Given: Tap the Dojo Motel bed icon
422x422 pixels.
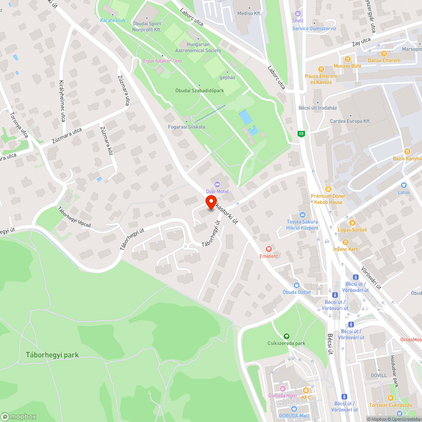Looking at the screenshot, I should (217, 184).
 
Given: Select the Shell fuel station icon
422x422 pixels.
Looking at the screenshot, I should (298, 14).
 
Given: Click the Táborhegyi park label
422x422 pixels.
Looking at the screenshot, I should (52, 355).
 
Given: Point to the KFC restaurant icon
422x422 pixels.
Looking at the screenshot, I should (306, 390).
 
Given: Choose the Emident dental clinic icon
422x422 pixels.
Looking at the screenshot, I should (268, 249).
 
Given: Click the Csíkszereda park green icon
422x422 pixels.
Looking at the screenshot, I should (287, 336).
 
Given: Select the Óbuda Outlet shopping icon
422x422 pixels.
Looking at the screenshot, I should (296, 285).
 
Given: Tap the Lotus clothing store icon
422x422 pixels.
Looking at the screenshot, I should (403, 185).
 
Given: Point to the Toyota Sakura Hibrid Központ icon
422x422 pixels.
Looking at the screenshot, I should (302, 215).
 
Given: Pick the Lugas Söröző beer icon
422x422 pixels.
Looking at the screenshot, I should (352, 222).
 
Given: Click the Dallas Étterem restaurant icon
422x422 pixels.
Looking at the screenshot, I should (384, 54).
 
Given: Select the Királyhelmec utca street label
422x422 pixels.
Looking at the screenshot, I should (62, 101).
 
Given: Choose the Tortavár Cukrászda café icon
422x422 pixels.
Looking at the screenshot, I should (391, 398).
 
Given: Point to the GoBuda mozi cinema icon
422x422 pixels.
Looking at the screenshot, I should (282, 388).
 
